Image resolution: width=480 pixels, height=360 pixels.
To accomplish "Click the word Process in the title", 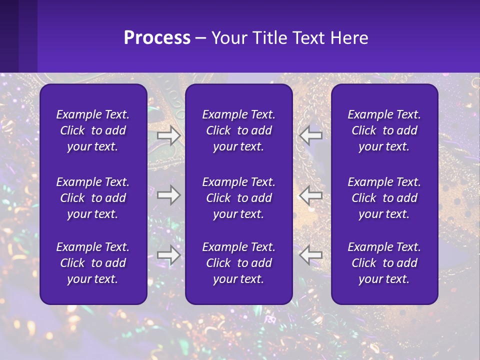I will point(157,38).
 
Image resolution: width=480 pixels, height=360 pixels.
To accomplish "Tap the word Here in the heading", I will point(348,38).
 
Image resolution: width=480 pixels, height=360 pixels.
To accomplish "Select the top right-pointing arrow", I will point(168,135).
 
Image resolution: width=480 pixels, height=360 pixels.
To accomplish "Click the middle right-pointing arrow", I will point(168,195).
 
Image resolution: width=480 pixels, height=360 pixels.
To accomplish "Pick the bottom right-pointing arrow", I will point(168,255).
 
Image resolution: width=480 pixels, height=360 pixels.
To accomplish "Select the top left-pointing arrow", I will point(311,135).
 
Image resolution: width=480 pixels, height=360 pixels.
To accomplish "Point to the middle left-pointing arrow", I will point(311,195).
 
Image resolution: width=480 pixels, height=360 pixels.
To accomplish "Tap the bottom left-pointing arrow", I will point(311,255).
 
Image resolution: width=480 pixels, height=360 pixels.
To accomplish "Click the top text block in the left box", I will point(93,130).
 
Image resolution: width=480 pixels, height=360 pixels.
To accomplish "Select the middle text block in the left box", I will point(93,198).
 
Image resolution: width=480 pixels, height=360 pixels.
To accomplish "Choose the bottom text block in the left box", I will point(93,263).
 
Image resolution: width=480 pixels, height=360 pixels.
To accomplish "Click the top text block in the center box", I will point(239,130).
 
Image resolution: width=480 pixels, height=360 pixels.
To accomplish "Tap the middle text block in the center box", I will point(239,198).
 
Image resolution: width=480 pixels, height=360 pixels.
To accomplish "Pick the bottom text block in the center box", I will point(239,263).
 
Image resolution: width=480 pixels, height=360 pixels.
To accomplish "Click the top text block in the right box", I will point(384,130).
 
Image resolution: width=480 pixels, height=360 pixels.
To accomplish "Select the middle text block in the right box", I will point(384,198).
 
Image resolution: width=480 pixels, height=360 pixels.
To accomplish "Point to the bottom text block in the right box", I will point(384,263).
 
